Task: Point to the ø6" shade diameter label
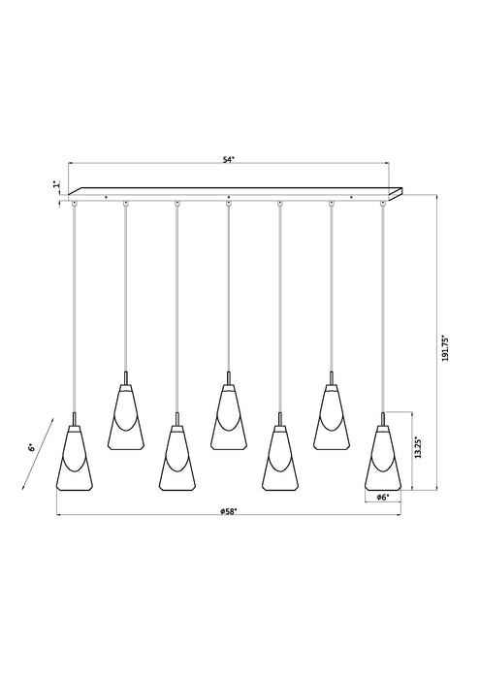(x=383, y=497)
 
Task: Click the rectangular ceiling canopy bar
(x=233, y=193)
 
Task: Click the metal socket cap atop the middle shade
(x=228, y=377)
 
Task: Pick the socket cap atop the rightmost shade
(x=383, y=419)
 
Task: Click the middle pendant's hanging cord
(x=228, y=291)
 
